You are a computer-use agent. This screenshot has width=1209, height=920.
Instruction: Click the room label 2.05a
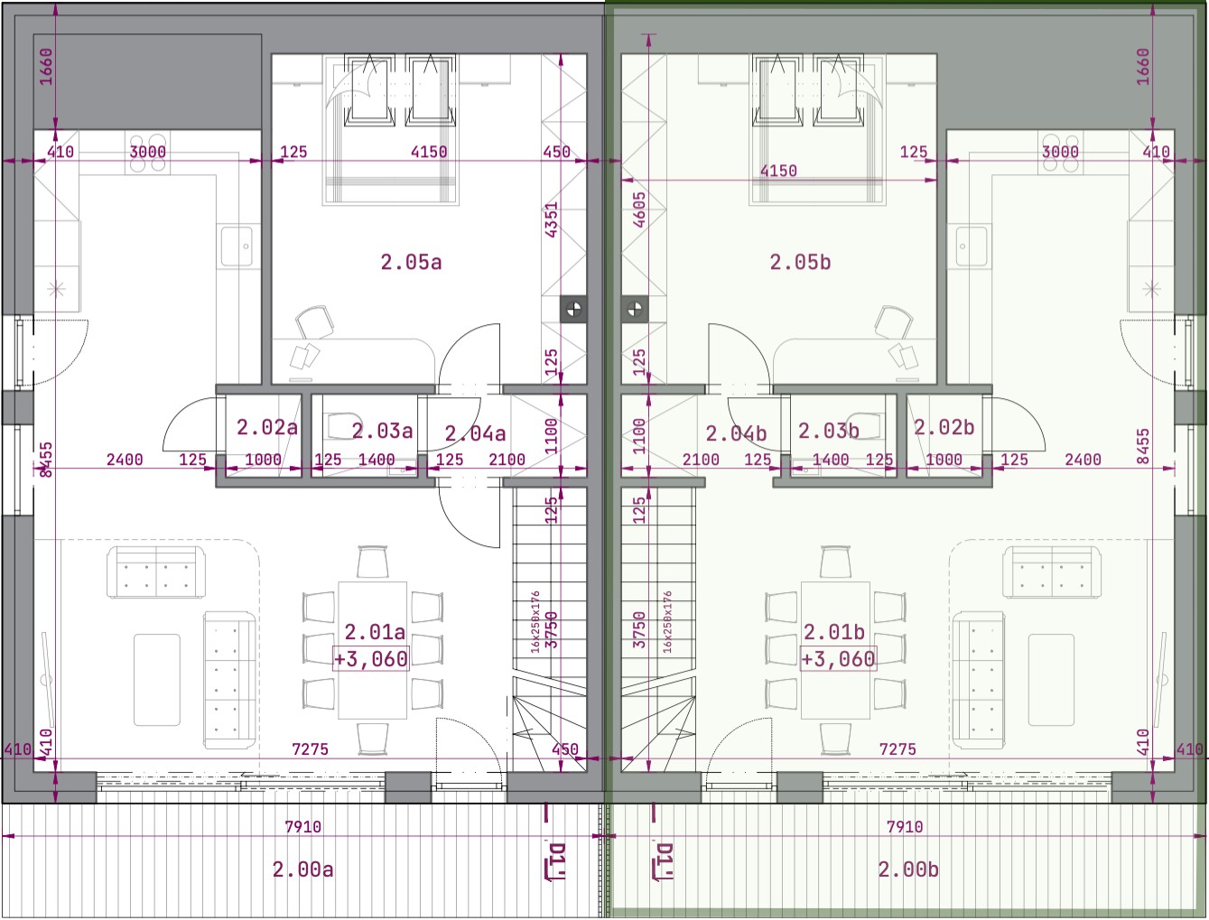pos(411,262)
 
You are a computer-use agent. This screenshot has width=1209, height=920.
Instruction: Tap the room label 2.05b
pos(800,262)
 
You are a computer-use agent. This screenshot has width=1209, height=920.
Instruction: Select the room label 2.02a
pos(267,427)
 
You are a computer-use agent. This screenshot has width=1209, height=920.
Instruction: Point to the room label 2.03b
pos(828,431)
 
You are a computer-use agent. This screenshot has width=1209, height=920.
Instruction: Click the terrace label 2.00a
pos(303,869)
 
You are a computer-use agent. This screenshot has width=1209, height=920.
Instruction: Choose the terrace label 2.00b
pos(908,869)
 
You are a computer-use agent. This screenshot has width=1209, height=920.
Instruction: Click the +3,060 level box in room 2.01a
pos(371,658)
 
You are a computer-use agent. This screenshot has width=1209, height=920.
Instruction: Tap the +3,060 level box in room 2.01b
pos(838,658)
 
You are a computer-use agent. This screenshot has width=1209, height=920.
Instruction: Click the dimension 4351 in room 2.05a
pos(552,219)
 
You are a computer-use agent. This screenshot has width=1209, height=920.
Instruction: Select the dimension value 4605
pos(639,209)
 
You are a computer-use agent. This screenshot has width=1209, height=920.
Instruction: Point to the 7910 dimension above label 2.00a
pos(303,826)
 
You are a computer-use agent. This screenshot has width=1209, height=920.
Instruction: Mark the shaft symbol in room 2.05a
pos(573,309)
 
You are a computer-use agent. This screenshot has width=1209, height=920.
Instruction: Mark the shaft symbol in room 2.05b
pos(635,309)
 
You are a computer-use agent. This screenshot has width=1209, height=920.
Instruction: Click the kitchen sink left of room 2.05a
pos(237,246)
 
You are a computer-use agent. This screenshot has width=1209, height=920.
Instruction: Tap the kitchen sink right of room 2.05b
pos(971,246)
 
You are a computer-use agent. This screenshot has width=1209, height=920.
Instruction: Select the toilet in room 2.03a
pos(341,425)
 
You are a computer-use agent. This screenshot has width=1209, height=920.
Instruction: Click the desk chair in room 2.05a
pos(314,321)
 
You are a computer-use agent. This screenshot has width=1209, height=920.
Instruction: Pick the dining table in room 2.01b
pos(835,650)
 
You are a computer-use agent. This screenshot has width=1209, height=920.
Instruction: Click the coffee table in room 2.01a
pos(157,680)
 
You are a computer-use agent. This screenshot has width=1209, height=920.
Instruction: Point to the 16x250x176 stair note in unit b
pos(667,622)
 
